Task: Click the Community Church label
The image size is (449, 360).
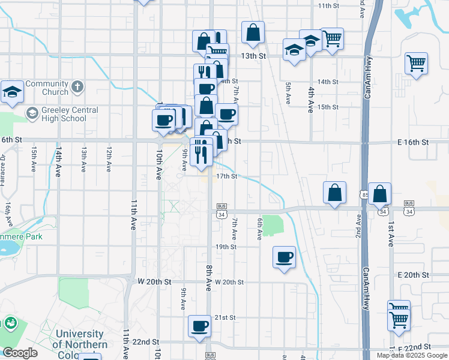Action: (46, 88)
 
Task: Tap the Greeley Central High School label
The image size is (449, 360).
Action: (65, 114)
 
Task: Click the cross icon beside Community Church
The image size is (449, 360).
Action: (77, 88)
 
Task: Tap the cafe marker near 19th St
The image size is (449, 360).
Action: (284, 257)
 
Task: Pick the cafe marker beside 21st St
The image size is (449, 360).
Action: (199, 326)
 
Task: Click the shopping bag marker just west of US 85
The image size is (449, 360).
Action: (334, 193)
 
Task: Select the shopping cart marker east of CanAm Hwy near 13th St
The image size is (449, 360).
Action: (416, 62)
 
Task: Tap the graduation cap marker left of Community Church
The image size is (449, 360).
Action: (12, 92)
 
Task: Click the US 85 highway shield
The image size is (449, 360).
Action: (365, 194)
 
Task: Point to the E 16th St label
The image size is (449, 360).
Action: (413, 142)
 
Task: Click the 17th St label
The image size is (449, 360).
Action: (227, 176)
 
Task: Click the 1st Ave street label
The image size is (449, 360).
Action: (391, 234)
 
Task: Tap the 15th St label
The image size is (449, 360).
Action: (328, 107)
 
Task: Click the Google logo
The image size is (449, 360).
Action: (20, 353)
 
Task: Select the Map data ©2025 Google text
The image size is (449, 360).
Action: (411, 355)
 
